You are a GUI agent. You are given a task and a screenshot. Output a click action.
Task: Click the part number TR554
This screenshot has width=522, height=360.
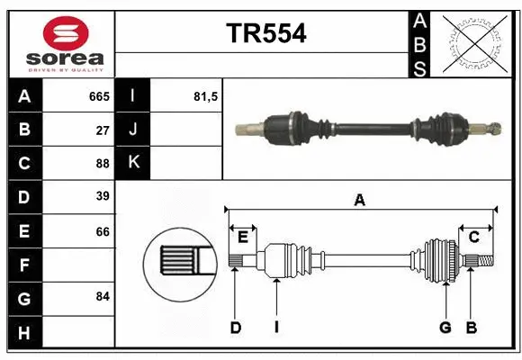coord(265,32)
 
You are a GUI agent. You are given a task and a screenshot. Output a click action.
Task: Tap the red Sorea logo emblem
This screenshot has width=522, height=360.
coord(66,33)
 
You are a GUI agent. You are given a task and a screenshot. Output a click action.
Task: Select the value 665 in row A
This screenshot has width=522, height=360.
coord(99,96)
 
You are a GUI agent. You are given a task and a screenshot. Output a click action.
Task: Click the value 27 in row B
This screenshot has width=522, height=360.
coord(103,130)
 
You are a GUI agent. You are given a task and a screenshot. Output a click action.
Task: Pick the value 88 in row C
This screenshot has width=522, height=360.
coord(103,163)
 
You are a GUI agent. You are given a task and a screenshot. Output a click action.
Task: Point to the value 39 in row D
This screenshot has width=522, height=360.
coord(103,196)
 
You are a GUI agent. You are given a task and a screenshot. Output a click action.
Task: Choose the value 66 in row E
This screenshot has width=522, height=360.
coord(103,231)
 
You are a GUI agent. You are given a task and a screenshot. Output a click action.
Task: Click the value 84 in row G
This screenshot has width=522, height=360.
coord(103,296)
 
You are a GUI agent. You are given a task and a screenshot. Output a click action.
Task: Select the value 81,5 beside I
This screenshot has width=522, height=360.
coord(206,96)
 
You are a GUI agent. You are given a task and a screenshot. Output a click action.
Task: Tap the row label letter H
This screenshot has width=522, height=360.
coord(23,333)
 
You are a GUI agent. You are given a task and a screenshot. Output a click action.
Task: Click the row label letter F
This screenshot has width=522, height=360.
coord(23,265)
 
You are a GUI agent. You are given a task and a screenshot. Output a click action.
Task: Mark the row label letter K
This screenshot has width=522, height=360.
coord(133,163)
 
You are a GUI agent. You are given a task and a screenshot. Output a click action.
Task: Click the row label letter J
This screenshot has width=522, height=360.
coord(133,130)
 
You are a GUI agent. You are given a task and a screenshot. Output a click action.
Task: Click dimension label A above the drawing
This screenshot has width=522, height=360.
coord(360,201)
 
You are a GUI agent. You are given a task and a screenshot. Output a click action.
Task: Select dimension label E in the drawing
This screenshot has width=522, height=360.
coord(243,238)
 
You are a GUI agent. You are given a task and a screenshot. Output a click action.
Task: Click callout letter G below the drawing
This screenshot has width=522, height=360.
coord(445,328)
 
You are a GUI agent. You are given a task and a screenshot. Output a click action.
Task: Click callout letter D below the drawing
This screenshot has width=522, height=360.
coord(235,328)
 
